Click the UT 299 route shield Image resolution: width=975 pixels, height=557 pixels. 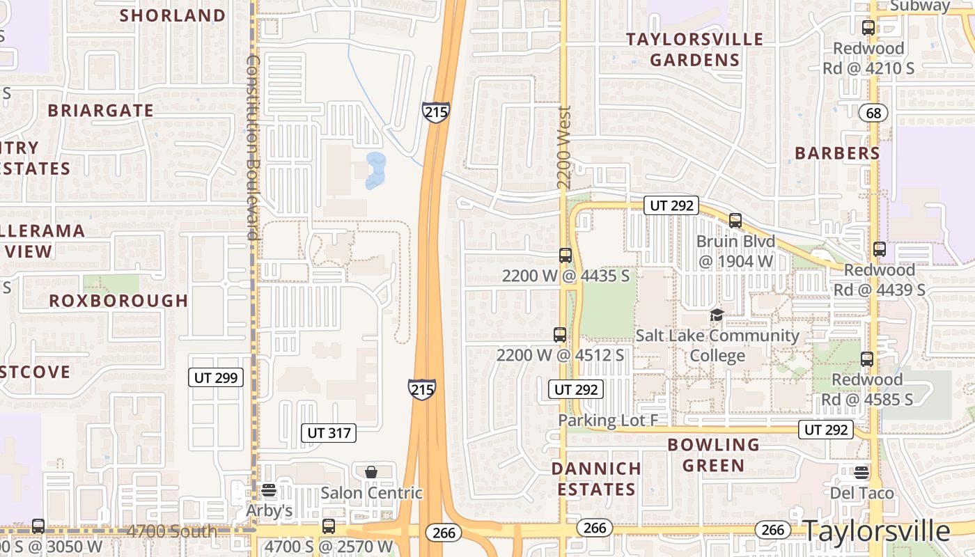point(216,378)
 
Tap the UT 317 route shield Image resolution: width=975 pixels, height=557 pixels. point(329,433)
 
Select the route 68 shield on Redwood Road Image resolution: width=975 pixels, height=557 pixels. point(873,112)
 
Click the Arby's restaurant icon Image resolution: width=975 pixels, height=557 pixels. point(269,490)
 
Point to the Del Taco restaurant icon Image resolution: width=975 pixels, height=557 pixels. point(861,473)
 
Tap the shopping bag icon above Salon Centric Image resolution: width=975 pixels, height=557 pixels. point(371,472)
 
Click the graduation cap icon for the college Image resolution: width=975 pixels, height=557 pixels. point(717,315)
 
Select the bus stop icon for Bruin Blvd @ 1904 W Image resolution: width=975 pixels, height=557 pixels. point(735,221)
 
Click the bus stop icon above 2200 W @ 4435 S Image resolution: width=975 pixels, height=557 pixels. point(565,256)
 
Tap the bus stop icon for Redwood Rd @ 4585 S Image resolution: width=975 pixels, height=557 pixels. point(867,359)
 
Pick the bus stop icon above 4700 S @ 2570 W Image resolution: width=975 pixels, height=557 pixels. point(329,526)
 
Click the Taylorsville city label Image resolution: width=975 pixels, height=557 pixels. point(877,531)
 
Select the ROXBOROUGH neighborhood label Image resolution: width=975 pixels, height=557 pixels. point(118,301)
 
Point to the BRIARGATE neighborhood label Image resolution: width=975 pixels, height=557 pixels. point(101,111)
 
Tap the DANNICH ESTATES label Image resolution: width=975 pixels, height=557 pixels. point(596,479)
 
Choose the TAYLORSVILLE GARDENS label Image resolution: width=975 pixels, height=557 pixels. point(694,49)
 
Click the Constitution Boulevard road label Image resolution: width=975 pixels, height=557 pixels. point(252,147)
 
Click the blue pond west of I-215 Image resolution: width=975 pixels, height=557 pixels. point(375,171)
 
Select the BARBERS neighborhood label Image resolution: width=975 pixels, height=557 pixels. point(837,153)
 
